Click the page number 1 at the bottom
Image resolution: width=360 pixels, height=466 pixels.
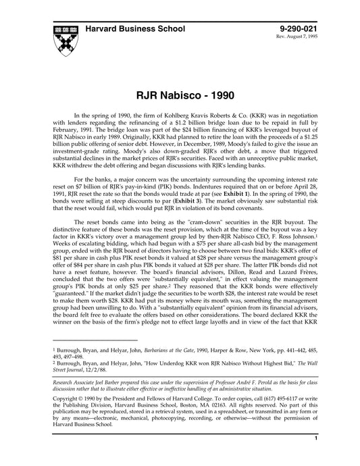tap(316, 457)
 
